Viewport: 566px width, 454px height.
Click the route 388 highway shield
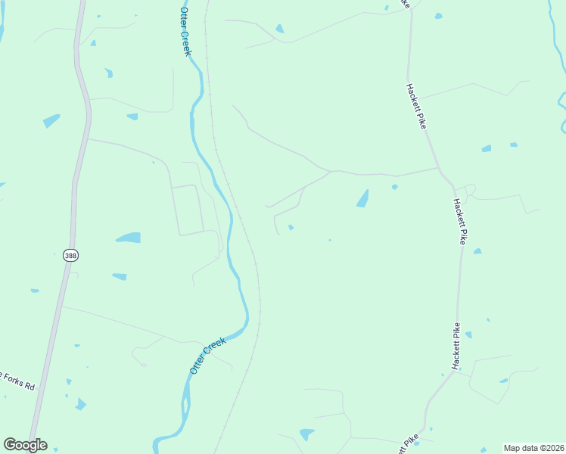[70, 256]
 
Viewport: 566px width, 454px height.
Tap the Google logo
[25, 445]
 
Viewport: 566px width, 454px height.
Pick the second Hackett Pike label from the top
[459, 221]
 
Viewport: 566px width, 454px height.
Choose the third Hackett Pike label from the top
[456, 346]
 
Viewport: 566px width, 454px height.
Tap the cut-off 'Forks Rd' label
[17, 381]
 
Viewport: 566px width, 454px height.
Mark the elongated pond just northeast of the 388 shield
[129, 238]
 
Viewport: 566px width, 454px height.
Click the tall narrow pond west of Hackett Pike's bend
[362, 198]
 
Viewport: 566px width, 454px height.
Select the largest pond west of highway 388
[51, 120]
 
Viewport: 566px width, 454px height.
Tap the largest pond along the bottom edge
[306, 434]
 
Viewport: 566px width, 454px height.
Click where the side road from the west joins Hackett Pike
[438, 168]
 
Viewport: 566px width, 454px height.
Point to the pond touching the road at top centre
[280, 29]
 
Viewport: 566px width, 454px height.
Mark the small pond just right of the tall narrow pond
[394, 186]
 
